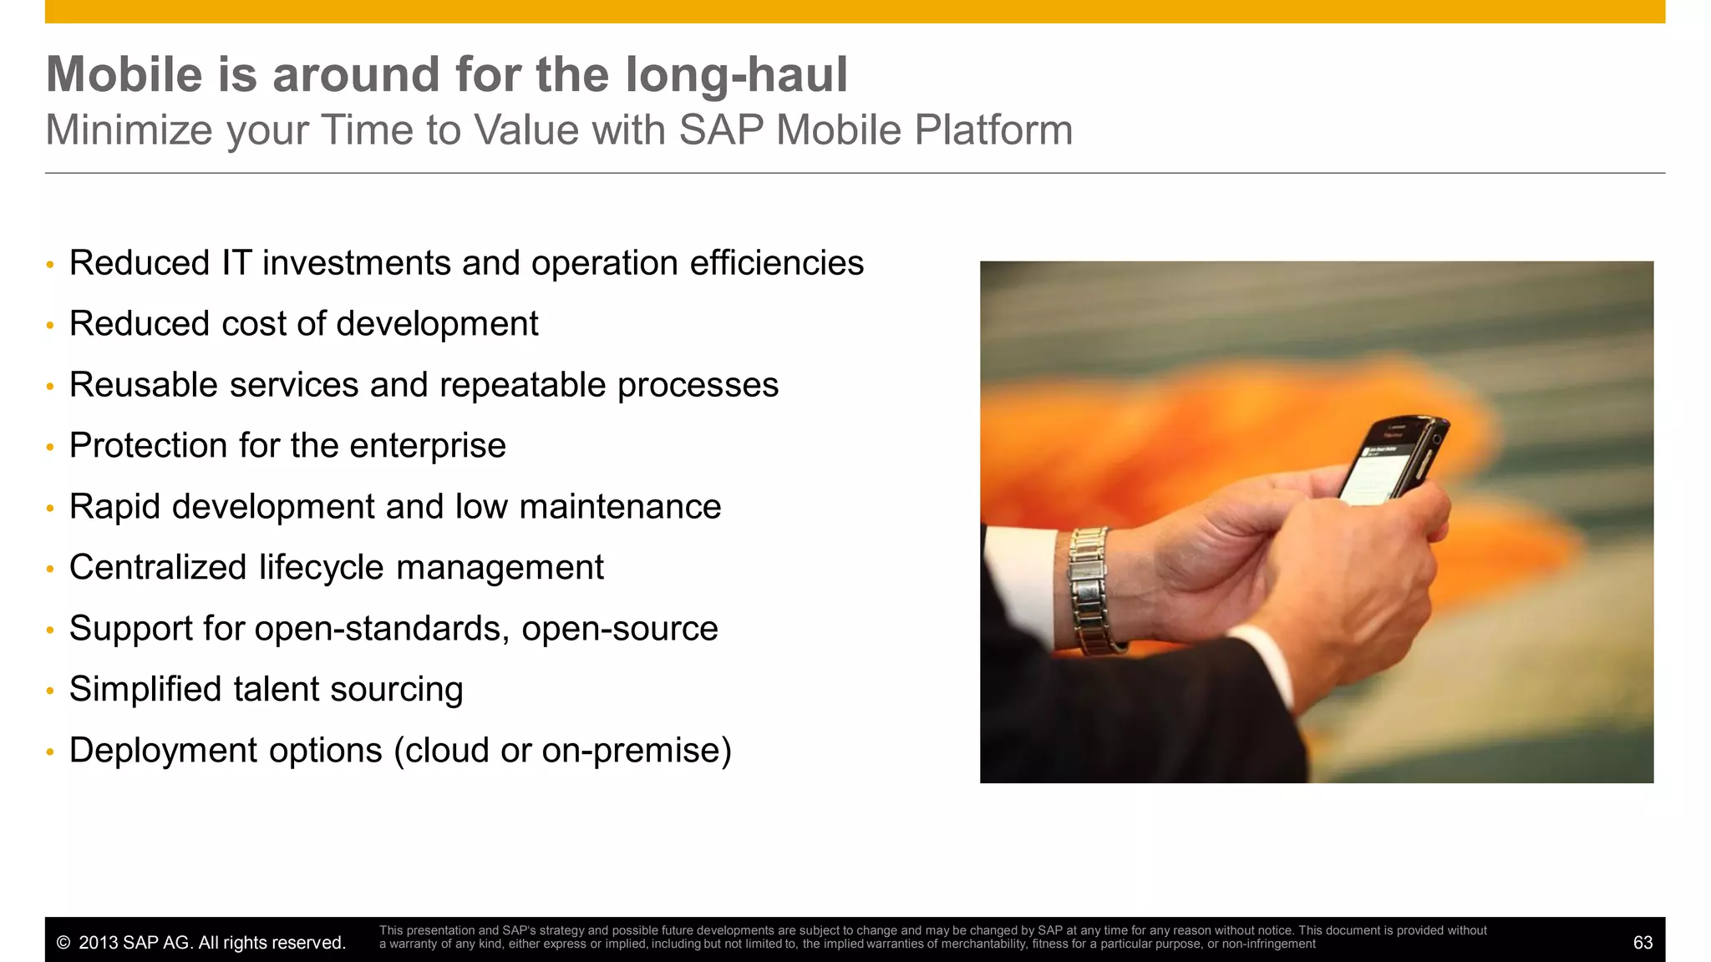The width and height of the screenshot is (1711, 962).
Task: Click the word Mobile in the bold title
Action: (x=124, y=74)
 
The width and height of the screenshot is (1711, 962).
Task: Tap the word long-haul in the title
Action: (x=736, y=74)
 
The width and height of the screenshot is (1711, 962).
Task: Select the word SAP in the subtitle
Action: (x=720, y=130)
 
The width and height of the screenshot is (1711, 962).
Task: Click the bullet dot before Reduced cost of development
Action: (x=50, y=326)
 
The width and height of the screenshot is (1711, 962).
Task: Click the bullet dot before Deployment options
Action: (x=50, y=752)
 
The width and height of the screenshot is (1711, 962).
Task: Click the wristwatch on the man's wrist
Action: (x=1091, y=589)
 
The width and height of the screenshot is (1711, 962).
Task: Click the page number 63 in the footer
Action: (x=1642, y=943)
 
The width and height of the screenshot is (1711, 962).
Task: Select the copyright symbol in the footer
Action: (x=63, y=943)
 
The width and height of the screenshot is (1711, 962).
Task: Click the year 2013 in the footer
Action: (x=98, y=943)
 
